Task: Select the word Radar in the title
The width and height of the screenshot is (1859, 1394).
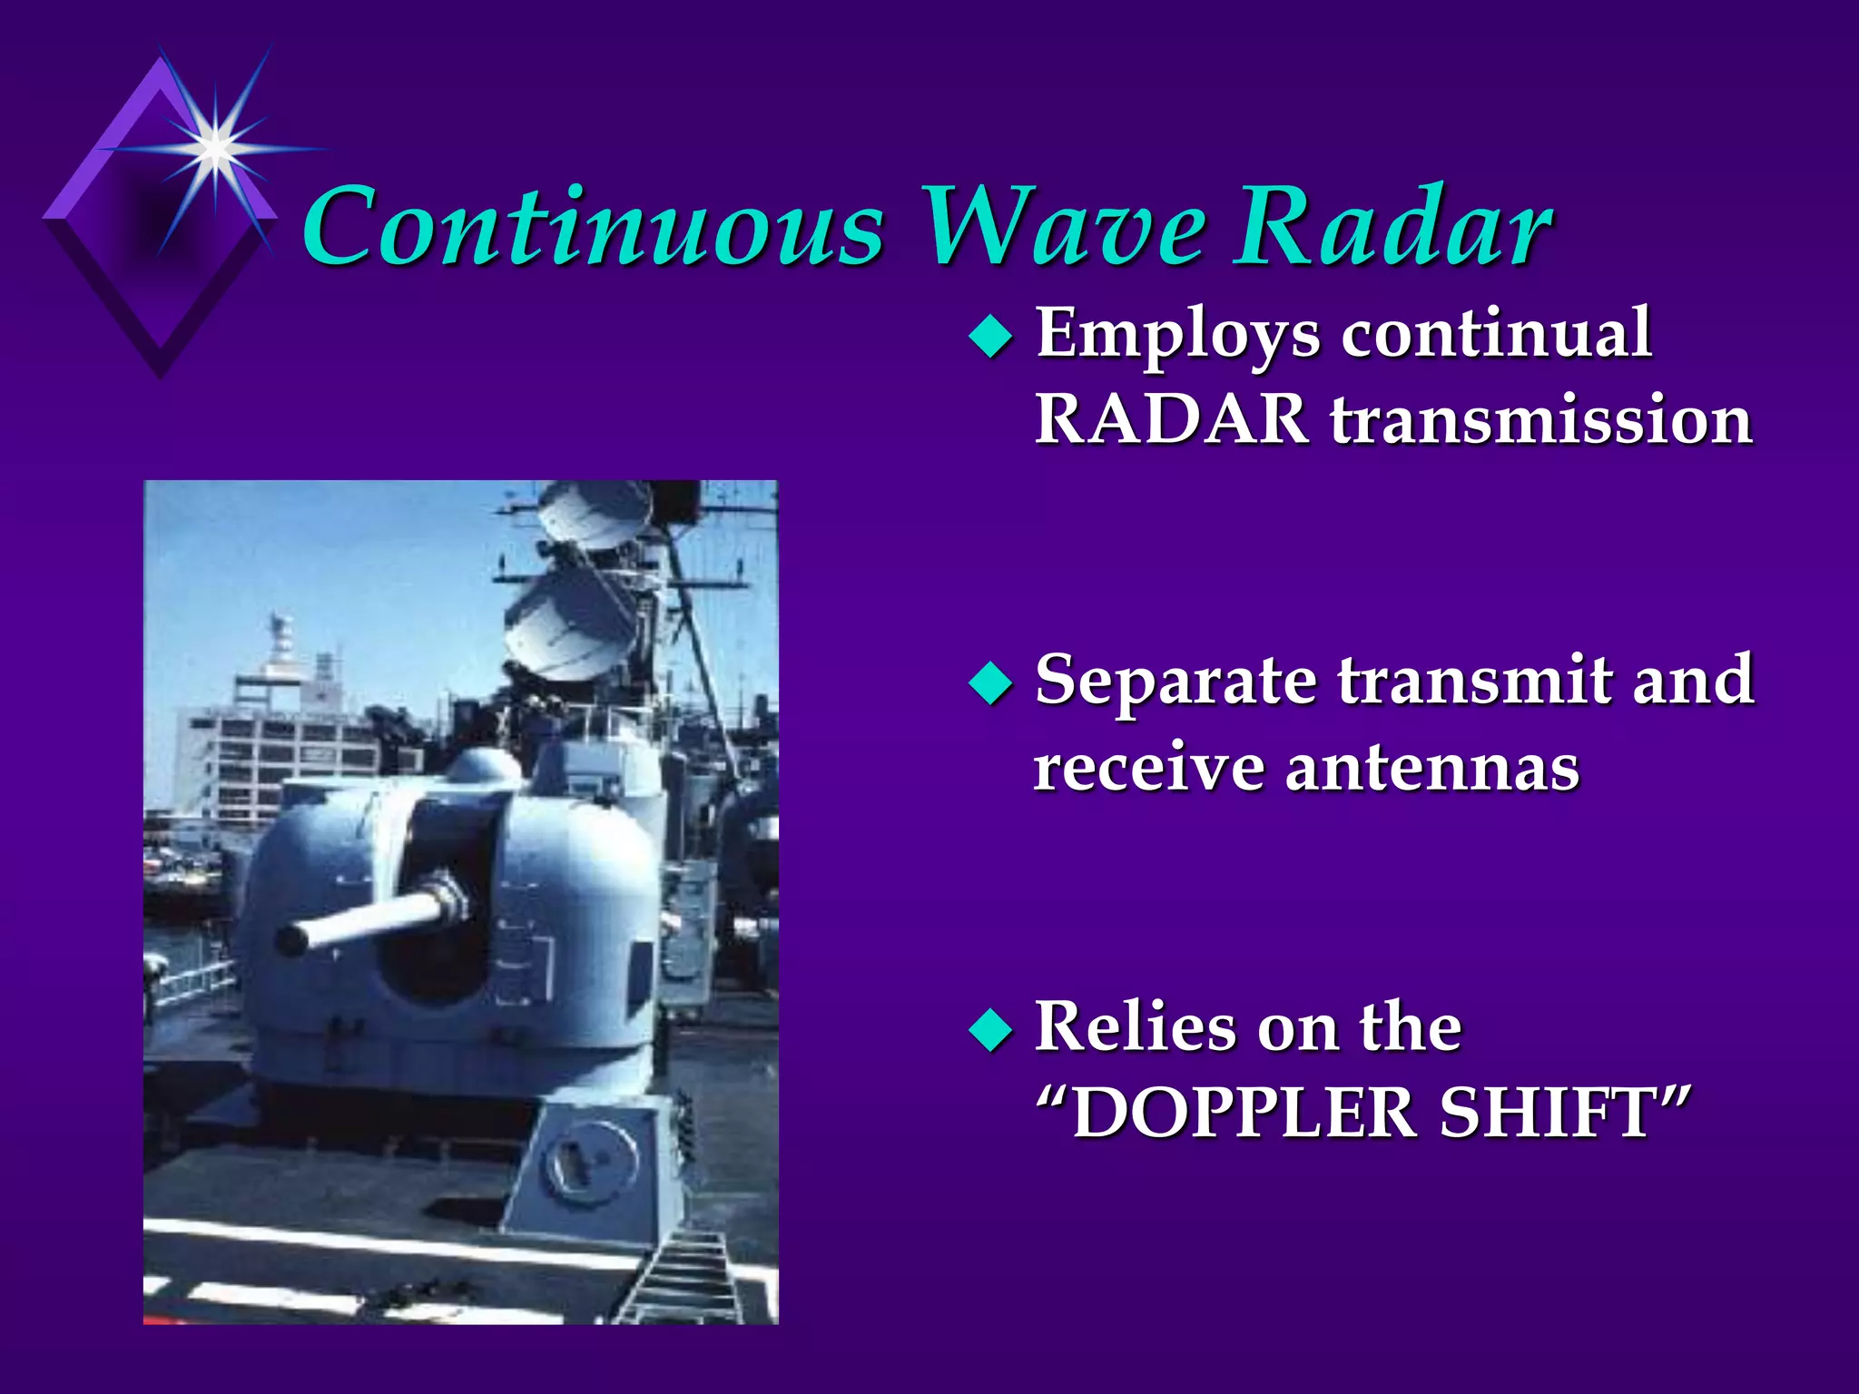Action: (x=1392, y=227)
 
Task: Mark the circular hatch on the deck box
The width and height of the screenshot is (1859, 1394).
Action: (x=589, y=1162)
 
